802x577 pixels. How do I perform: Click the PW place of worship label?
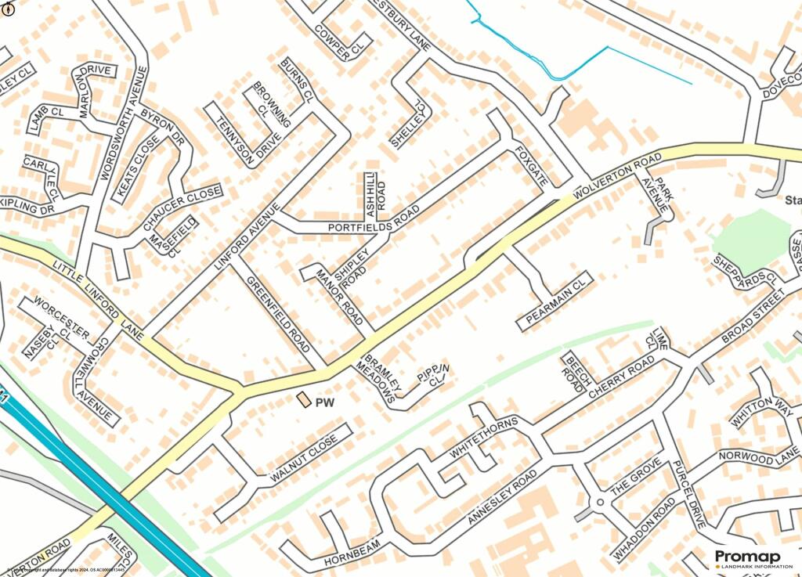[324, 404]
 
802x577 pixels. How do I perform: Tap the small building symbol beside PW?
[303, 400]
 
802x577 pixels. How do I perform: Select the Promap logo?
[747, 559]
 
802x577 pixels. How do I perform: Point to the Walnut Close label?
[304, 460]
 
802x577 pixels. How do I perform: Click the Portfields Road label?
[374, 222]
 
